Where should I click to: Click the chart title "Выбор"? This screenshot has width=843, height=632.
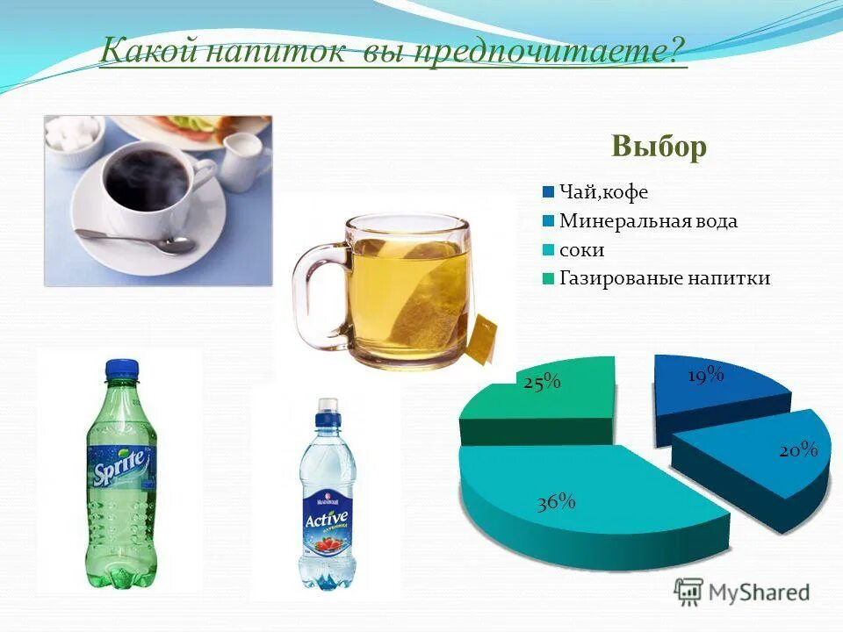tap(659, 147)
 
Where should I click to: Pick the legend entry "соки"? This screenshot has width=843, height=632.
tap(581, 250)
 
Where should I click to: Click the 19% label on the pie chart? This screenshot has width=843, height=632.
tap(705, 376)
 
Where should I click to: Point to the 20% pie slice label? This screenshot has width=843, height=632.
tap(798, 450)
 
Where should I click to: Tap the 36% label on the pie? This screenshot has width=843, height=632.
tap(557, 502)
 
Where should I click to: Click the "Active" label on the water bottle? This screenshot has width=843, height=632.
tap(327, 517)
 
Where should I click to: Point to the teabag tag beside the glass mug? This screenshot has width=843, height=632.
tap(482, 342)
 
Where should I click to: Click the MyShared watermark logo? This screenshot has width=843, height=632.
tap(742, 592)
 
